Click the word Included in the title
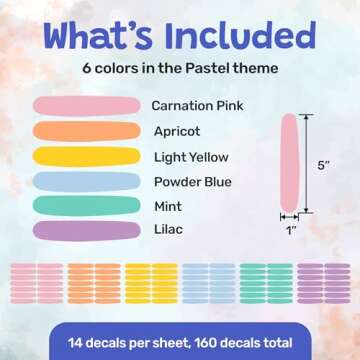pyautogui.click(x=233, y=37)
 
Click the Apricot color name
pyautogui.click(x=177, y=131)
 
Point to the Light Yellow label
pyautogui.click(x=191, y=157)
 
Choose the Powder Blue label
pyautogui.click(x=192, y=182)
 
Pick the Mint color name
pyautogui.click(x=168, y=207)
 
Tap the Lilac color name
pyautogui.click(x=168, y=231)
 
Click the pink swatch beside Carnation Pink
pyautogui.click(x=86, y=105)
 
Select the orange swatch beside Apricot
pyautogui.click(x=86, y=130)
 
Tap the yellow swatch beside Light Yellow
pyautogui.click(x=86, y=156)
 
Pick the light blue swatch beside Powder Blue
pyautogui.click(x=86, y=181)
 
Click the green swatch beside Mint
pyautogui.click(x=86, y=206)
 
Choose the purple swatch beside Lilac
pyautogui.click(x=86, y=231)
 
